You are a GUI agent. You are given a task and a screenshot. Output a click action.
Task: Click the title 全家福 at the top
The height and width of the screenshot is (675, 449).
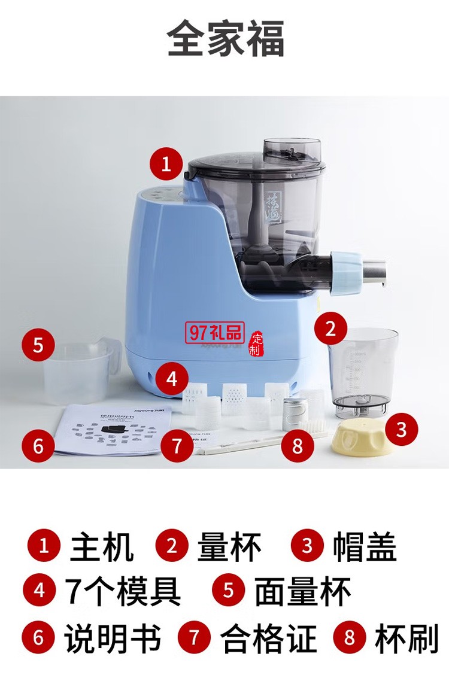click(225, 39)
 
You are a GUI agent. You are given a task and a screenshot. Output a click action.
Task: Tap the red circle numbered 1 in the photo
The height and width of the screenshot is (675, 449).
click(166, 163)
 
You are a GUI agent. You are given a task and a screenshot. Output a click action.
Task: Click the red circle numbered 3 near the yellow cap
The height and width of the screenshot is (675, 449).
click(401, 429)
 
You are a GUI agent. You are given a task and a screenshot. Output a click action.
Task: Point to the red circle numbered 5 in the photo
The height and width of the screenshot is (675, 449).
click(38, 346)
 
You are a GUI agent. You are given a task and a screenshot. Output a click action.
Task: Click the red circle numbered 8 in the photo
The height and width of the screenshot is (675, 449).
click(298, 445)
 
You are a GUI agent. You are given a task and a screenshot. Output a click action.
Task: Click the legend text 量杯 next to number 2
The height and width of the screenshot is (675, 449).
click(230, 546)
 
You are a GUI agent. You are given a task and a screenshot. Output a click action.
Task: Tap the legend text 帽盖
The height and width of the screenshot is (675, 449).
click(365, 546)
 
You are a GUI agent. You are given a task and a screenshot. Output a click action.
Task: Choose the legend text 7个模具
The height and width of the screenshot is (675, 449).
click(123, 591)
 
